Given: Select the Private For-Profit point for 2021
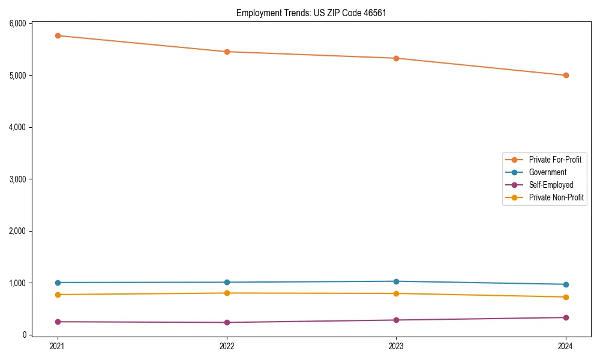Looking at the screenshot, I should tap(58, 35).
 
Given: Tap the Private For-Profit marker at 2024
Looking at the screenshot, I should tap(566, 75).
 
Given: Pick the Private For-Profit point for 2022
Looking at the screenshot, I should tap(227, 52).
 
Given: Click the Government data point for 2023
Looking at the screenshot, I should tap(397, 281).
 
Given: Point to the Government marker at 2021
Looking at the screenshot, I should tap(58, 283).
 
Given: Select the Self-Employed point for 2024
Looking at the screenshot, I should tap(566, 317).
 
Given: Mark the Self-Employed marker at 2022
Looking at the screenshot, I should tap(227, 322).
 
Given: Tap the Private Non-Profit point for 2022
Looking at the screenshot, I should tap(227, 293).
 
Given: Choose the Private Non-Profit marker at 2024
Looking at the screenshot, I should tap(566, 297).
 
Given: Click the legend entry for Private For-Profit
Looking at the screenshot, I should tap(555, 160).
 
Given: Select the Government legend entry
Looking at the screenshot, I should tap(547, 172).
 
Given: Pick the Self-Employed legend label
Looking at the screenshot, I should tap(551, 185).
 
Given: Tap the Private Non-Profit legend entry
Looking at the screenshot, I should tap(556, 197).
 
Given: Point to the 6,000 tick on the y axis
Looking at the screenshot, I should tap(17, 23).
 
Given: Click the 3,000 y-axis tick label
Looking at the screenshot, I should tap(17, 179).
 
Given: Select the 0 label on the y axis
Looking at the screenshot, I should tap(25, 335).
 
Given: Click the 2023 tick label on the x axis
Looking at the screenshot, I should tap(397, 346).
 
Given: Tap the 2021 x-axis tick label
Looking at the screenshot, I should tap(58, 346).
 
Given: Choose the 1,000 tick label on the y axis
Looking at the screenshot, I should tap(17, 283).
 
